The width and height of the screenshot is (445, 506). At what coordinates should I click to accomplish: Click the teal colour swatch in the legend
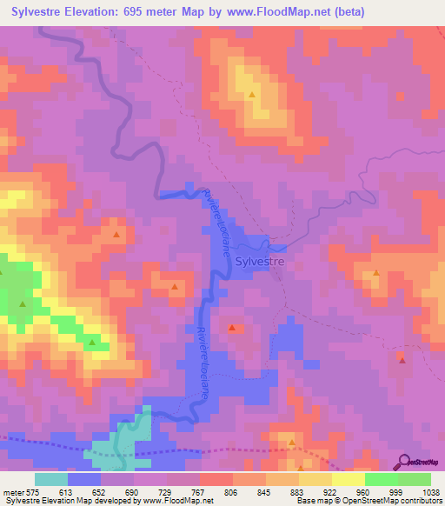50,479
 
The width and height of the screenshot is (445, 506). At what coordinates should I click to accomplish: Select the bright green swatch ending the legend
415,479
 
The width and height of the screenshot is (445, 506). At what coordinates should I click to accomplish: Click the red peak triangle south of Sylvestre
232,328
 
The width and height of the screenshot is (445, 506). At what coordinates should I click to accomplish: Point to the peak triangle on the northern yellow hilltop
252,95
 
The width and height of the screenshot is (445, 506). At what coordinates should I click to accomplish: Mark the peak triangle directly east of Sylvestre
376,273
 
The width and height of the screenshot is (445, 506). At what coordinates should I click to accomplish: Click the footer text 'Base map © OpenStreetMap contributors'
368,501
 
